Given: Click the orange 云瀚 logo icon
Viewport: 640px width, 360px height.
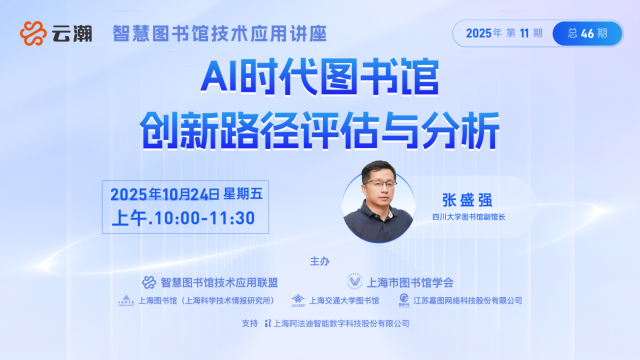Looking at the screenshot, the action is pos(33,33).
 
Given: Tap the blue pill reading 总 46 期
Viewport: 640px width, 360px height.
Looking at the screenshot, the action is pos(587,33).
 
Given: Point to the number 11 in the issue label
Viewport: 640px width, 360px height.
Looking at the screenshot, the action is pos(524,33).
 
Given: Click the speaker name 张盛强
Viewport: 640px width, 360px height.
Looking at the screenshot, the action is pos(467,200).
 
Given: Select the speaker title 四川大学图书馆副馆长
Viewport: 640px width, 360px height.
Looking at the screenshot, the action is pos(468,217).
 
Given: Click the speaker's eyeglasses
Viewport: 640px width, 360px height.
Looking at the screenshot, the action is pos(380,183).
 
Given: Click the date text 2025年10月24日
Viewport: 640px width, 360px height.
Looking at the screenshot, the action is pos(165,194).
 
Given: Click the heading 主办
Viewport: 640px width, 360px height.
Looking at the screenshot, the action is pos(319,261).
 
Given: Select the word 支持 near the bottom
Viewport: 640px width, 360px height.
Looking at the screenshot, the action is pos(249,323).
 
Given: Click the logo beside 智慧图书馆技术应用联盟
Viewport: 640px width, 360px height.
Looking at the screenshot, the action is pos(149,282).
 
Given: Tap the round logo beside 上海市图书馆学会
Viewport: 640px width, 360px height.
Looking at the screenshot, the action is pos(355,281).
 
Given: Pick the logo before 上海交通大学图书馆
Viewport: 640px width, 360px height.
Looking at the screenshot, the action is pos(298,300).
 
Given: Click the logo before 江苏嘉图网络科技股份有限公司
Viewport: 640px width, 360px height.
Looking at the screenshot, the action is pos(404,300).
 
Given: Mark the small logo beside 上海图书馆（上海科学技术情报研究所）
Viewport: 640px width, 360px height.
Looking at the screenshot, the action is pos(126,300).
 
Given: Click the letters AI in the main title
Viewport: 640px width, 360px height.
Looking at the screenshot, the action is pos(219,77).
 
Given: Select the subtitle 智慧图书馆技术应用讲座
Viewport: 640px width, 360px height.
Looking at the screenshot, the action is pos(219,33).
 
